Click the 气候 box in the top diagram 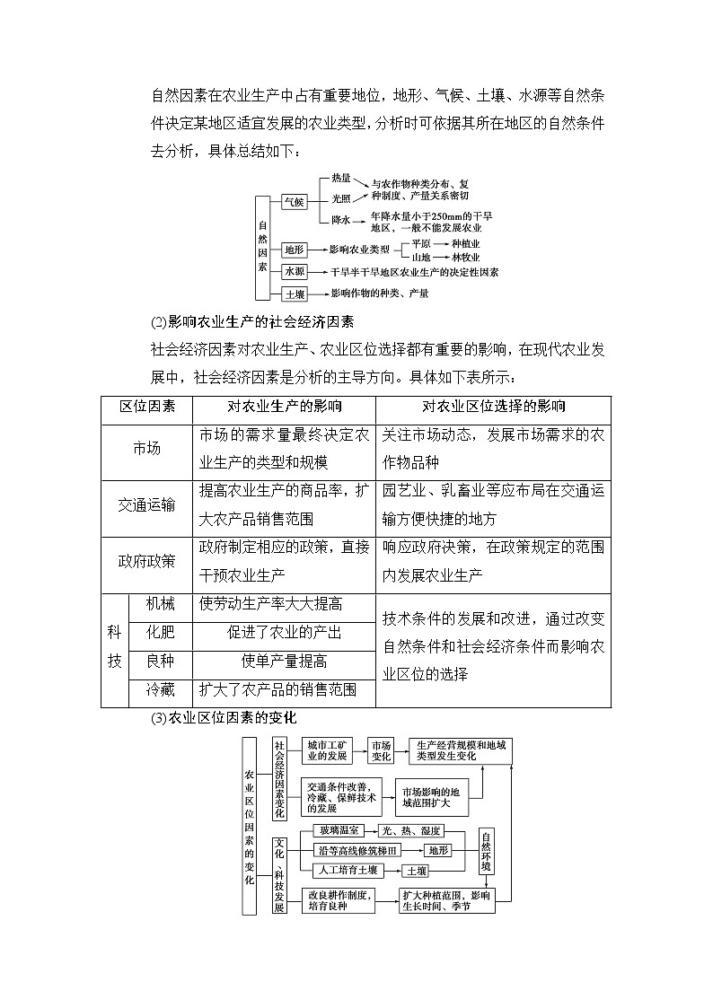pos(294,202)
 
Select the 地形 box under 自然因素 pos(294,249)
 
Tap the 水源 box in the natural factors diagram pos(294,271)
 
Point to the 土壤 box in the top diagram pos(294,294)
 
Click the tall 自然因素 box pos(262,246)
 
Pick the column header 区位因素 pos(146,407)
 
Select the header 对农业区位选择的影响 pos(493,407)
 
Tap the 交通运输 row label pos(146,505)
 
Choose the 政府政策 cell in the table pos(146,561)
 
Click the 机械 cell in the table pos(160,604)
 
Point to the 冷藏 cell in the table pos(160,689)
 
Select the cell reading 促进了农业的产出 pos(284,633)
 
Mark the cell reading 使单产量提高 pos(284,662)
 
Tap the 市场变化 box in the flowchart pos(382,750)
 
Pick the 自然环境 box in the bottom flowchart pos(486,850)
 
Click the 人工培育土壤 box pos(348,870)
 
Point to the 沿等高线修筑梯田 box pos(356,850)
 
